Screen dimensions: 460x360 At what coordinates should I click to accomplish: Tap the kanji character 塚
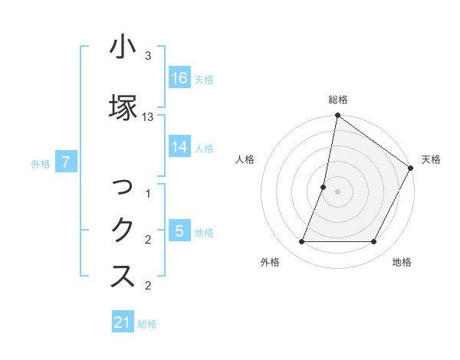(123, 107)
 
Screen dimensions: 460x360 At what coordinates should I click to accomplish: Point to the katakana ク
(123, 231)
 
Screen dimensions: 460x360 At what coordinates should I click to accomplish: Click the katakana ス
(123, 277)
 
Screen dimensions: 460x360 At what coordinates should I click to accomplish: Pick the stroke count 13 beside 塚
(148, 116)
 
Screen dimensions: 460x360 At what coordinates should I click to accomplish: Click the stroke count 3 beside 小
(148, 56)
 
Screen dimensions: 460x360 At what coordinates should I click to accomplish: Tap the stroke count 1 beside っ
(148, 195)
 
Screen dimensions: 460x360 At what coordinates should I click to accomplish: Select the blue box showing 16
(179, 77)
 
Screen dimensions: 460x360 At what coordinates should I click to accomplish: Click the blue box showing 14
(179, 147)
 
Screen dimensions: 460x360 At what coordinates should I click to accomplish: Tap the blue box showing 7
(67, 162)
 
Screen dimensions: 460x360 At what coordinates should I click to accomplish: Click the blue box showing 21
(123, 322)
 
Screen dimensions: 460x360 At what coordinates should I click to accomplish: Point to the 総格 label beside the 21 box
(147, 324)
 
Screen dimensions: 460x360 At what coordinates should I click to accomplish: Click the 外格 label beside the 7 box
(41, 163)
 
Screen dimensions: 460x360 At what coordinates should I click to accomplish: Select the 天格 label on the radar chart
(431, 159)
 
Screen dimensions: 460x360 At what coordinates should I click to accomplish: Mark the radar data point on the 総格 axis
(337, 116)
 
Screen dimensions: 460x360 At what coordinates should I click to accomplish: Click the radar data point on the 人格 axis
(324, 187)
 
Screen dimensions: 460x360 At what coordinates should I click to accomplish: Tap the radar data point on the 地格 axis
(374, 242)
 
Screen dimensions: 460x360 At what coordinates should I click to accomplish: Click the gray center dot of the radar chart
(337, 191)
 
